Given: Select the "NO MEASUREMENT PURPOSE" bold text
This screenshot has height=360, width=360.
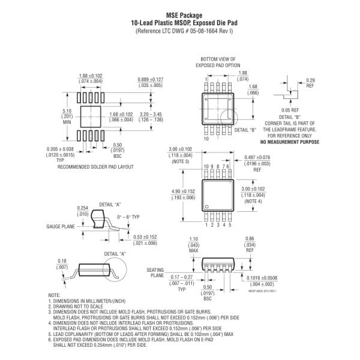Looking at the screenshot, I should coord(288,142).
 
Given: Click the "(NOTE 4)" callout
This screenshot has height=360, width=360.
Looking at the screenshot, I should coord(253,201).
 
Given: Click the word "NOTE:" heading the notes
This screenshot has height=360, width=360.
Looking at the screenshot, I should coord(55,295).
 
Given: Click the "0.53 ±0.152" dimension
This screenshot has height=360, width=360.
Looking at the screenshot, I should coord(144,237).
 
